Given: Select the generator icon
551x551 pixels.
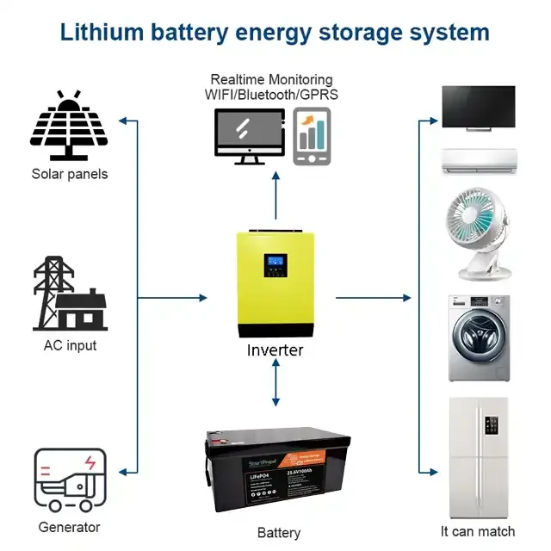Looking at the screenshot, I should pyautogui.click(x=70, y=480).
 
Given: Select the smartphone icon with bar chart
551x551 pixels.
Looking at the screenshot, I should pyautogui.click(x=312, y=135).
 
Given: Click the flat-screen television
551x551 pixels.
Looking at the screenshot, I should pyautogui.click(x=479, y=109).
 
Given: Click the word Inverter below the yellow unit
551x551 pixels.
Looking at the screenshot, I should pyautogui.click(x=275, y=350).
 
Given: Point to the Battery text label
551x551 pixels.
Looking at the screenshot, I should pyautogui.click(x=279, y=533).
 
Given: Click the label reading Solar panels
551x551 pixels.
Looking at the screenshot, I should pyautogui.click(x=70, y=174).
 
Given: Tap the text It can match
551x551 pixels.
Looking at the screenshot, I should pyautogui.click(x=478, y=531).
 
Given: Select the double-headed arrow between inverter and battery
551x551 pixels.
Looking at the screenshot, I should pyautogui.click(x=275, y=383).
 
